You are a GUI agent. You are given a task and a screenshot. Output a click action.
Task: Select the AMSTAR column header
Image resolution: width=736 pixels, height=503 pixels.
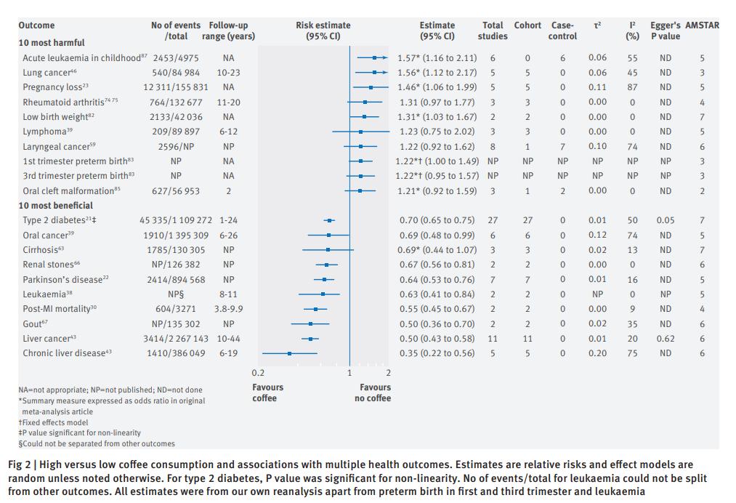(703, 25)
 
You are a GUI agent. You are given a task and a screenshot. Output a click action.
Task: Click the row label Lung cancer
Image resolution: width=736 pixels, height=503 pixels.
(47, 73)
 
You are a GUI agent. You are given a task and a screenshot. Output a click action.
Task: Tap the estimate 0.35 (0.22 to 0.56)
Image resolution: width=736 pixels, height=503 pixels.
(438, 353)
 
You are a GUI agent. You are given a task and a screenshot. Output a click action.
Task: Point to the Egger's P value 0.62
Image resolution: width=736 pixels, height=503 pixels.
(665, 338)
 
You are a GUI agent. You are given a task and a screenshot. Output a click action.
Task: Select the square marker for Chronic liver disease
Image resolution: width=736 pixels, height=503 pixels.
(290, 353)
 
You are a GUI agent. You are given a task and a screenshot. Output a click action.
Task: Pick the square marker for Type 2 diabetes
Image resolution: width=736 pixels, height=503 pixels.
(329, 220)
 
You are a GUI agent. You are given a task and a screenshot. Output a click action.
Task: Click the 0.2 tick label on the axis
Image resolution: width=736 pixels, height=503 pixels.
(258, 373)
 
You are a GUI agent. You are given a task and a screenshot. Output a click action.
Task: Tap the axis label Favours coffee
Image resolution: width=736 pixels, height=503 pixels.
(267, 393)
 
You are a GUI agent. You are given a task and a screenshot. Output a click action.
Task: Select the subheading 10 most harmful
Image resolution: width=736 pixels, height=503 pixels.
(51, 43)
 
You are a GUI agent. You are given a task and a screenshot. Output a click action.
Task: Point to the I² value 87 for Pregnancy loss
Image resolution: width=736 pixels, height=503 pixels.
(633, 87)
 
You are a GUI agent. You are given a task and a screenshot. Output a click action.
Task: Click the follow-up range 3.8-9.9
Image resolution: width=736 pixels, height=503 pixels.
(228, 309)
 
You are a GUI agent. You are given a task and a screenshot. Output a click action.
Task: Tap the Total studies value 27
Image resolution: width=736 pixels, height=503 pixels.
(493, 220)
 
